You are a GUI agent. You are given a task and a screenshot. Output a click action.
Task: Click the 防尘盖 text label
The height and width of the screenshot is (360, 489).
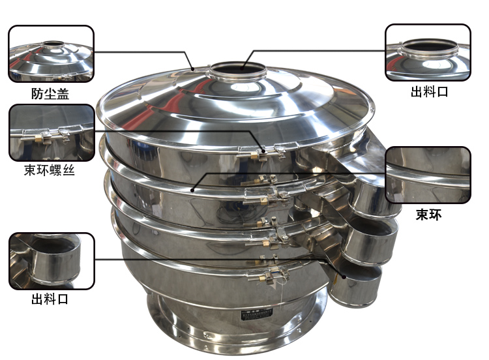point(50,94)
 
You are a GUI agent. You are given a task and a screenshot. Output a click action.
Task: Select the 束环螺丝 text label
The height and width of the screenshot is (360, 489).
point(50,170)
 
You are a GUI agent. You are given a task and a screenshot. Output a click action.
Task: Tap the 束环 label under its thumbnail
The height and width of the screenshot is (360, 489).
point(428,215)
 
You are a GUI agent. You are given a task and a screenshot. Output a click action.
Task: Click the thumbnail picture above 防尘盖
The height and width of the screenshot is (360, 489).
point(51,53)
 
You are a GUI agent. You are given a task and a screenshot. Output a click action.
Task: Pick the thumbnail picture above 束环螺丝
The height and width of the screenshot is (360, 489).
point(52,132)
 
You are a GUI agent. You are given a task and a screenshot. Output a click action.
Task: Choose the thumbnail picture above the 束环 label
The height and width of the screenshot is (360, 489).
point(428,175)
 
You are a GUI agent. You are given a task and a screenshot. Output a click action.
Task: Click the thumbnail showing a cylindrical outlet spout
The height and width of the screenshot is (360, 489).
point(52,261)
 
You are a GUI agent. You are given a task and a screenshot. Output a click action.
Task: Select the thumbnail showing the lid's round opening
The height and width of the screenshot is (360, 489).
point(428,52)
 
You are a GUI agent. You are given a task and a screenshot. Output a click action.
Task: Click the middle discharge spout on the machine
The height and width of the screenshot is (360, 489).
point(369,241)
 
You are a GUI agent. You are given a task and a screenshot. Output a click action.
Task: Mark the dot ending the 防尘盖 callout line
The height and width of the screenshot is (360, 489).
point(193,69)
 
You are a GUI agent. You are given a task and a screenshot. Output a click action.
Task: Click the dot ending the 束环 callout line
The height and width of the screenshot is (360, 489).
point(192,190)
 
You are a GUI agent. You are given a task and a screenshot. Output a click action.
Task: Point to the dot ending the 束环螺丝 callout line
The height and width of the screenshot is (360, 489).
point(263,151)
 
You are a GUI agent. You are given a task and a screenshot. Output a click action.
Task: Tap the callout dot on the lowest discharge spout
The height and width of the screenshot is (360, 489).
point(344,277)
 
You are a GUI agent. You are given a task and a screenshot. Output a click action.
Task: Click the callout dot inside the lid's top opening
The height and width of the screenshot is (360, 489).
point(242,68)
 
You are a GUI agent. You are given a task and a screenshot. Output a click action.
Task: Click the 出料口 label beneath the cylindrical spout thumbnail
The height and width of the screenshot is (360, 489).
point(50,299)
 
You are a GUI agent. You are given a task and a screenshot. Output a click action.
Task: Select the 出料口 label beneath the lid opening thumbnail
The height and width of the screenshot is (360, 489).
point(430,92)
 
